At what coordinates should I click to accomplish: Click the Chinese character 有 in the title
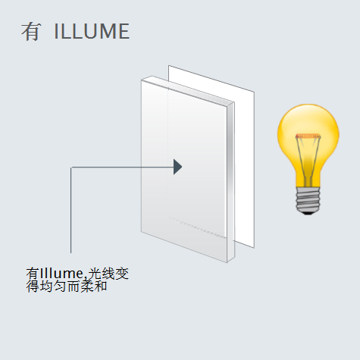pyautogui.click(x=31, y=32)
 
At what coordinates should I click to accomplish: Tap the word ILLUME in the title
pyautogui.click(x=92, y=31)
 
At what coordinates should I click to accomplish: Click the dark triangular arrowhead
pyautogui.click(x=177, y=167)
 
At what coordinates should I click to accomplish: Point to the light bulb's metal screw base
pyautogui.click(x=308, y=199)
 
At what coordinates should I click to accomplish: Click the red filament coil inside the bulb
pyautogui.click(x=308, y=136)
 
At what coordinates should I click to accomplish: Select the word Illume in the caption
pyautogui.click(x=61, y=274)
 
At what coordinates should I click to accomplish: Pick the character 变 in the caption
pyautogui.click(x=122, y=274)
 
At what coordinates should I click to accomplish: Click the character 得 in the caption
pyautogui.click(x=33, y=286)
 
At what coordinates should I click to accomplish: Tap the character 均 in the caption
pyautogui.click(x=46, y=286)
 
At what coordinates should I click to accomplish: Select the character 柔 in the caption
pyautogui.click(x=87, y=286)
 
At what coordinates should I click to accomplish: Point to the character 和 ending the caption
pyautogui.click(x=101, y=286)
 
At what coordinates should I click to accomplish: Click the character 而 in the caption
pyautogui.click(x=74, y=286)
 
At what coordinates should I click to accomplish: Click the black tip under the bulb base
pyautogui.click(x=308, y=214)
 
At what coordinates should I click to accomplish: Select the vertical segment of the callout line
pyautogui.click(x=71, y=210)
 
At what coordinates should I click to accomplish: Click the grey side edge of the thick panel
pyautogui.click(x=230, y=183)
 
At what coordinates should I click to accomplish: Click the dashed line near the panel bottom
pyautogui.click(x=197, y=227)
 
